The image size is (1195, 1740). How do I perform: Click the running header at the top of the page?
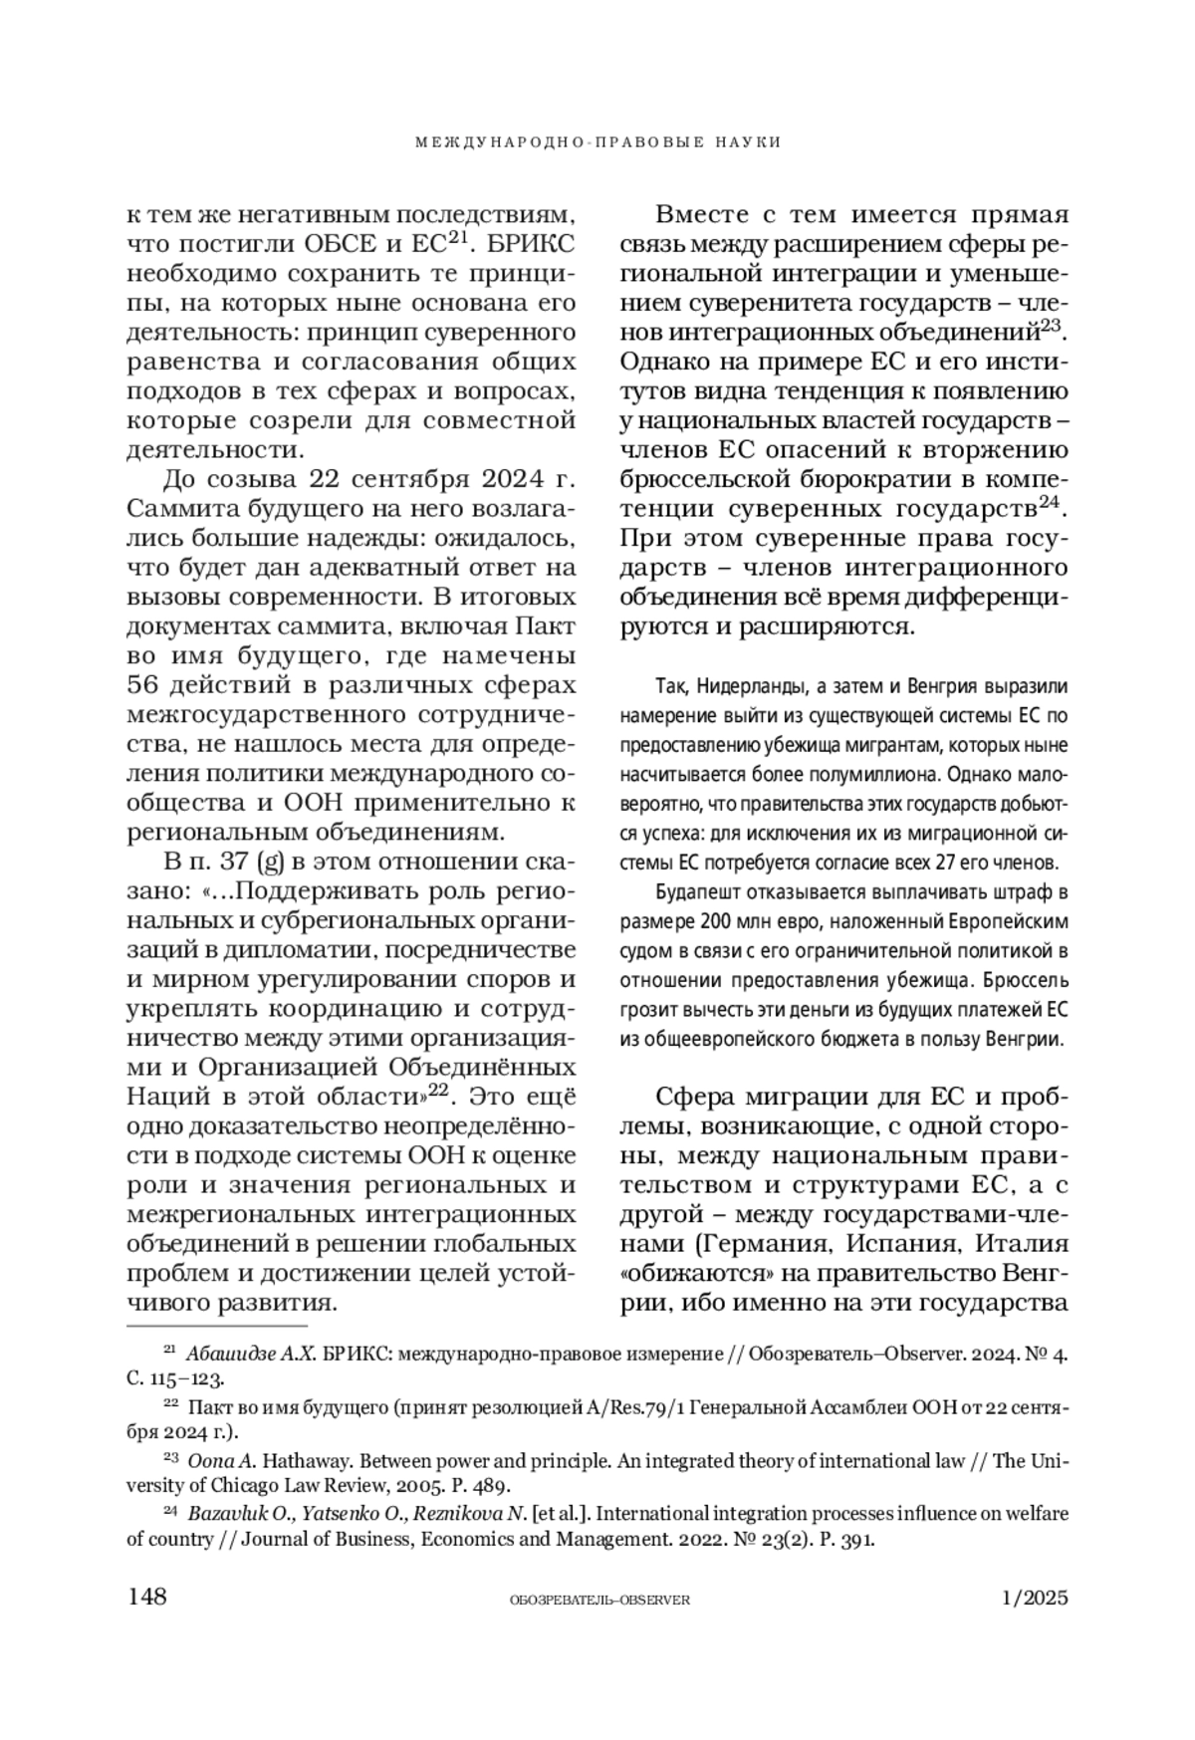(x=597, y=142)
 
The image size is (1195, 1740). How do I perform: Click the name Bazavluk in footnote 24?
(x=221, y=1514)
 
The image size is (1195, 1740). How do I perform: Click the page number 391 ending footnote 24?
(x=857, y=1540)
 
